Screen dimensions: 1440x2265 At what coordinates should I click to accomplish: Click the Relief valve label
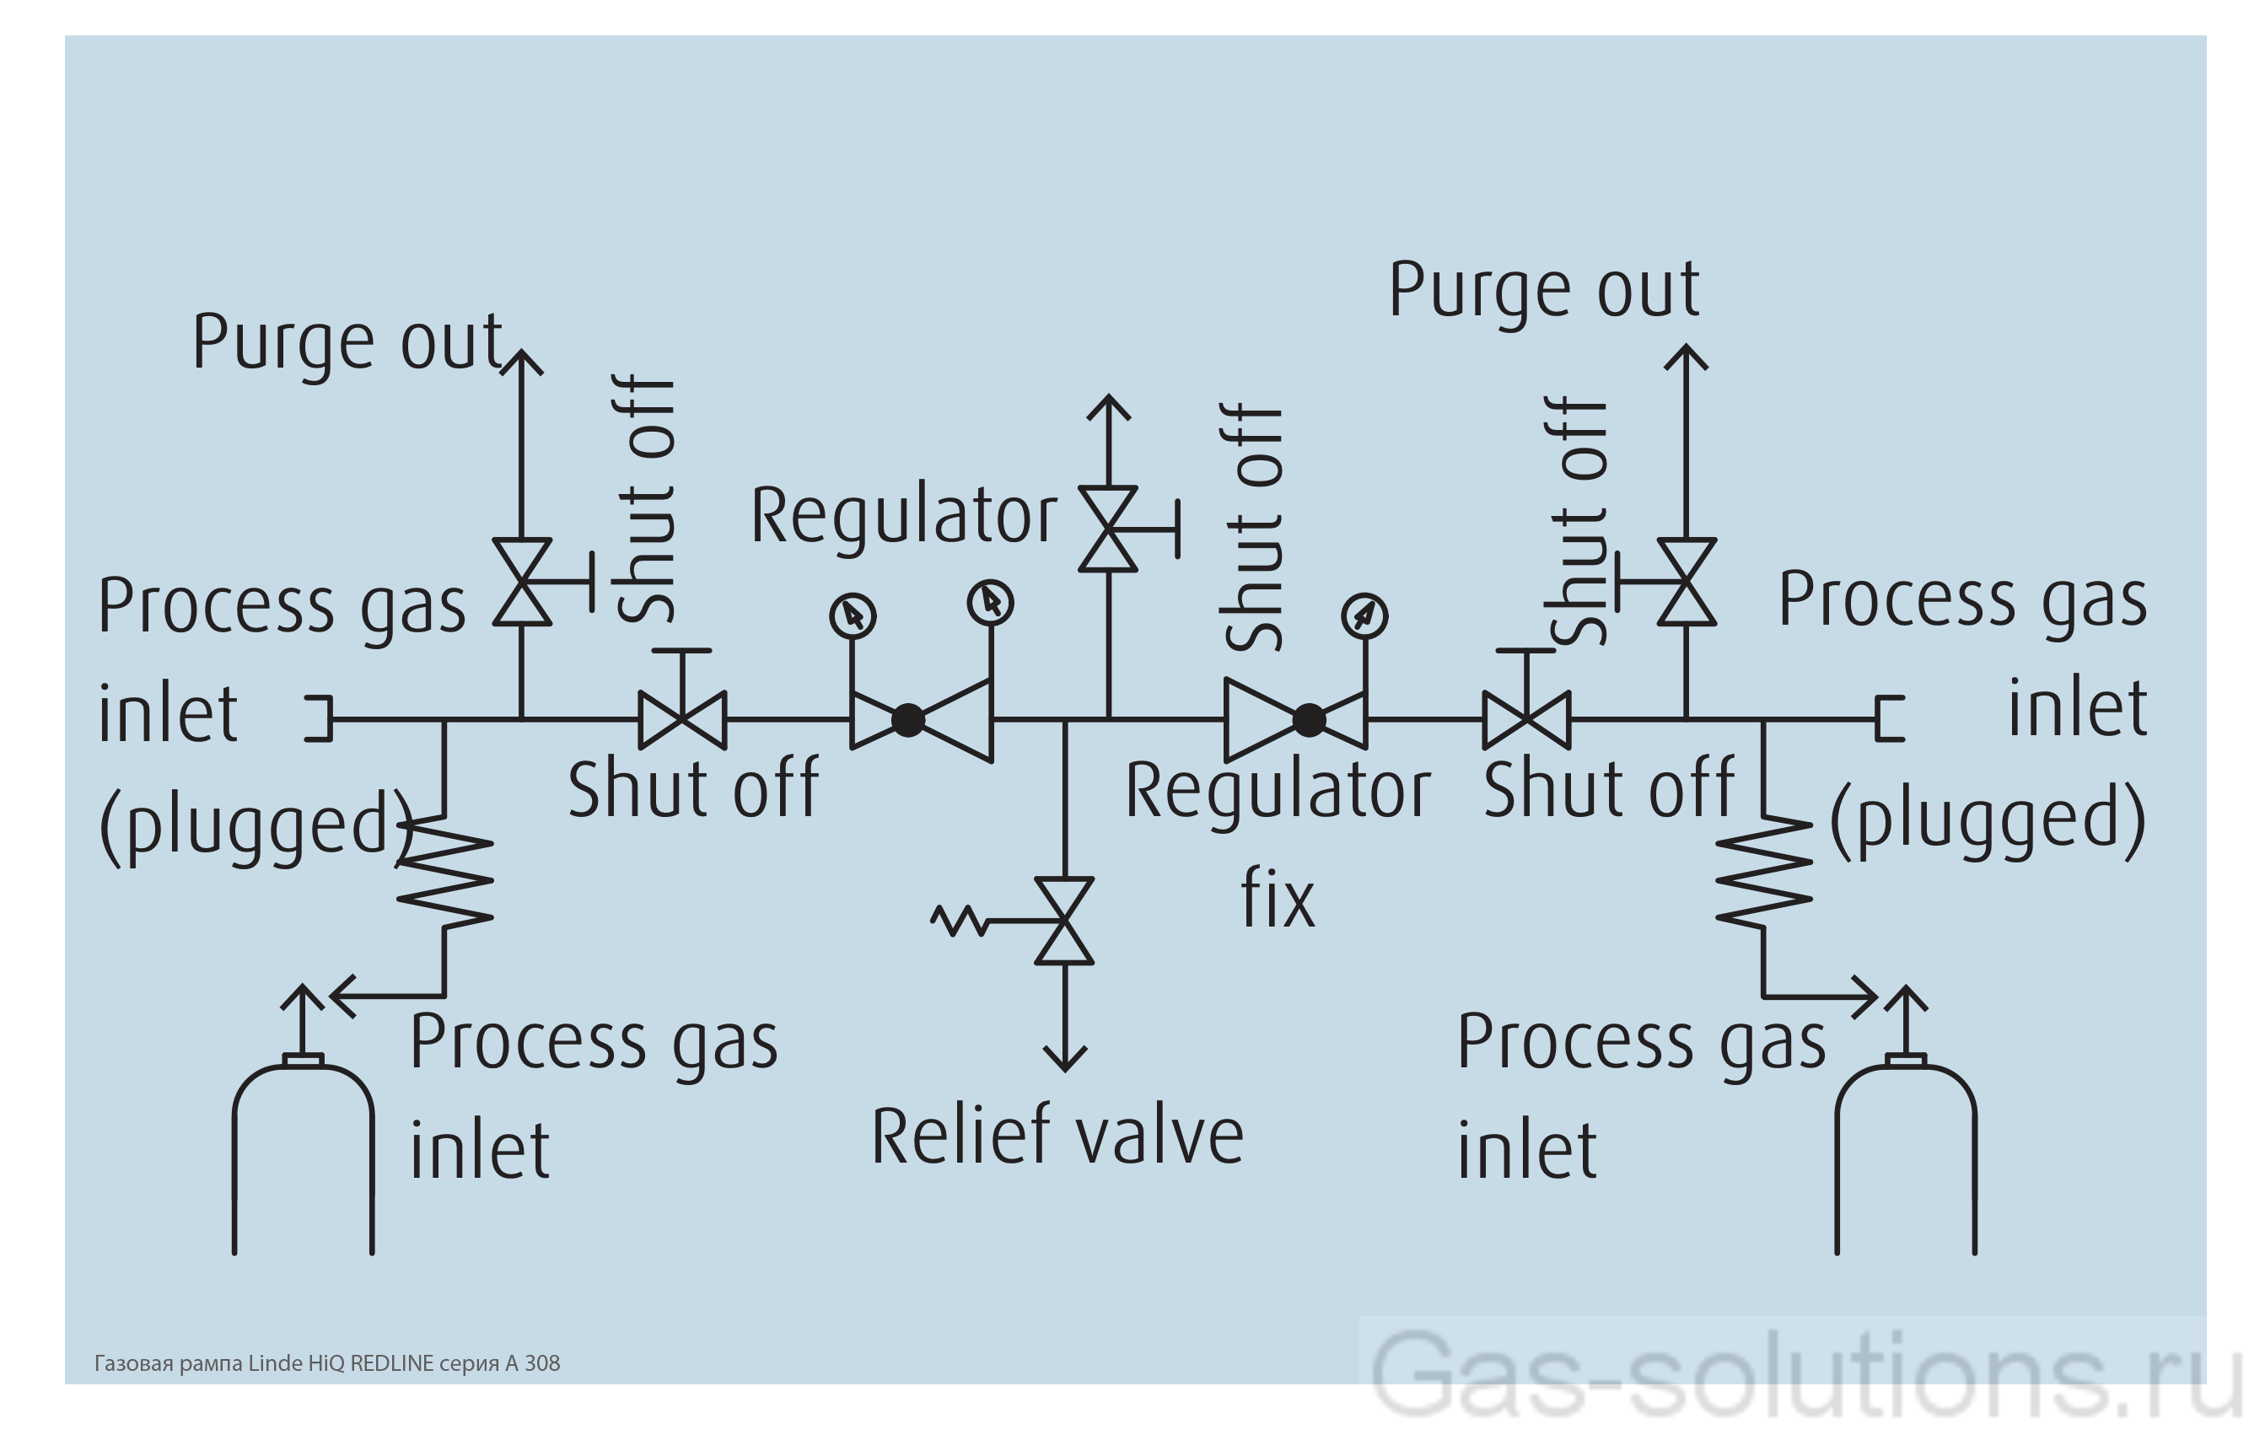[1057, 1136]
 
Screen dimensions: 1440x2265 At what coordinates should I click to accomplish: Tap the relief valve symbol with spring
[1064, 921]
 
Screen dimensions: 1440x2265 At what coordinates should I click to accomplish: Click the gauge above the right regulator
[1364, 616]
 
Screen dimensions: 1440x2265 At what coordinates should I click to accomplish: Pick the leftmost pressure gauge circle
[853, 616]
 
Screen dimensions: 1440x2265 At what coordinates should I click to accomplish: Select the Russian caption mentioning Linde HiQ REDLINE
[326, 1363]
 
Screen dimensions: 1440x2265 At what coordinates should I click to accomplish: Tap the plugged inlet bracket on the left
[320, 719]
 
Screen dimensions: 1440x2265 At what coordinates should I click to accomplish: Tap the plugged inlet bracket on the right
[1889, 719]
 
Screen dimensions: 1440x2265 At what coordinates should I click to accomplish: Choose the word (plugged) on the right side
[1988, 819]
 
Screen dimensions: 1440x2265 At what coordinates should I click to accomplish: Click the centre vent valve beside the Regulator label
[1109, 529]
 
